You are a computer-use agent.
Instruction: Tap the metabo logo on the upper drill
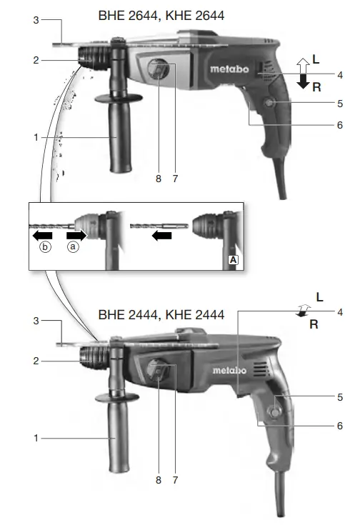point(229,69)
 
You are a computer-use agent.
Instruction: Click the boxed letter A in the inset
point(233,261)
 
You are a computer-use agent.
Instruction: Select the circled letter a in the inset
point(71,247)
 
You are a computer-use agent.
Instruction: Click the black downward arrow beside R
point(303,83)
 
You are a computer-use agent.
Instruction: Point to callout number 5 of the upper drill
point(340,104)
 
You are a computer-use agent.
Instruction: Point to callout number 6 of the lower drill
point(340,426)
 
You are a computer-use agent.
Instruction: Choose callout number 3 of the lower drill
point(35,322)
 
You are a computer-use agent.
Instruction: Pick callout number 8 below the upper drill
point(159,179)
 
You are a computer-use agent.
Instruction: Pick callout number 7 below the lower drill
point(175,480)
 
